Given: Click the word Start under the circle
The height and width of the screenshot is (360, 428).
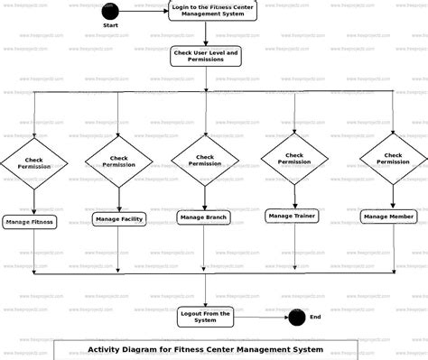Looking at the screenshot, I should point(111,25).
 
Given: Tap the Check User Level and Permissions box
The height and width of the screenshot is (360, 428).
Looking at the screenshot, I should point(205,56).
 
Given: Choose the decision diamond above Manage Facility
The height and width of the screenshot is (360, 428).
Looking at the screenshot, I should point(120,162).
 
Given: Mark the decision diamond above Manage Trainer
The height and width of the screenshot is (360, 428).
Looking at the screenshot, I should point(294,158).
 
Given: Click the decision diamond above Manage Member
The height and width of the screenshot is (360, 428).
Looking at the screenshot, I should point(394,158).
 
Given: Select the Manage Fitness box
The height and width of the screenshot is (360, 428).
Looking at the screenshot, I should point(30,221).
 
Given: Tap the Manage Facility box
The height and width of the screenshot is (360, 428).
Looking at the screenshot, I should point(119,218).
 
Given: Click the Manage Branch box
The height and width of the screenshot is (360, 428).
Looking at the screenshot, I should point(204,217).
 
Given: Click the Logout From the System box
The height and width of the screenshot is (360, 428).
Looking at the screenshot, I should point(205,316).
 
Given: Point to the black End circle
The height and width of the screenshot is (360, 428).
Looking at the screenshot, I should point(295,317).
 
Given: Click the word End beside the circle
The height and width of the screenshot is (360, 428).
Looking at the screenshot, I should point(315,317).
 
